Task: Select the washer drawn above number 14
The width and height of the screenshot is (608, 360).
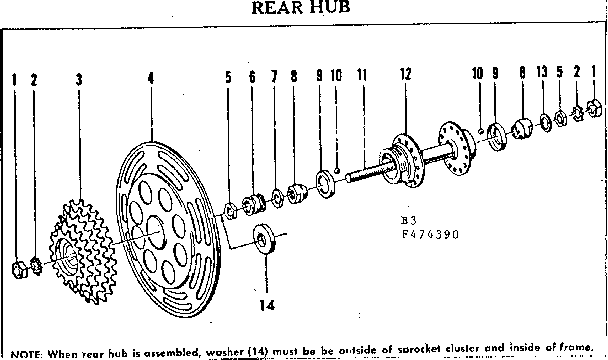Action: pyautogui.click(x=265, y=239)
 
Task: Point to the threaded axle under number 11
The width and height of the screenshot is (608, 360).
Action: pyautogui.click(x=366, y=171)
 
